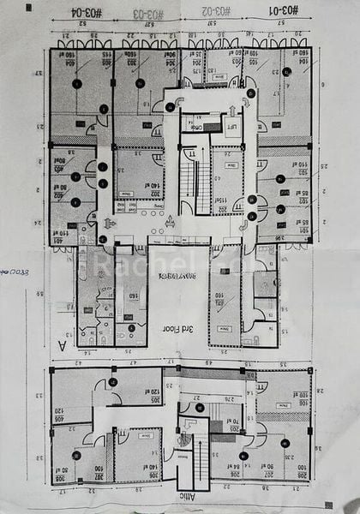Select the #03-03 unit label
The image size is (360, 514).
(148, 14)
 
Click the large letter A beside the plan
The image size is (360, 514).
(59, 346)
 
